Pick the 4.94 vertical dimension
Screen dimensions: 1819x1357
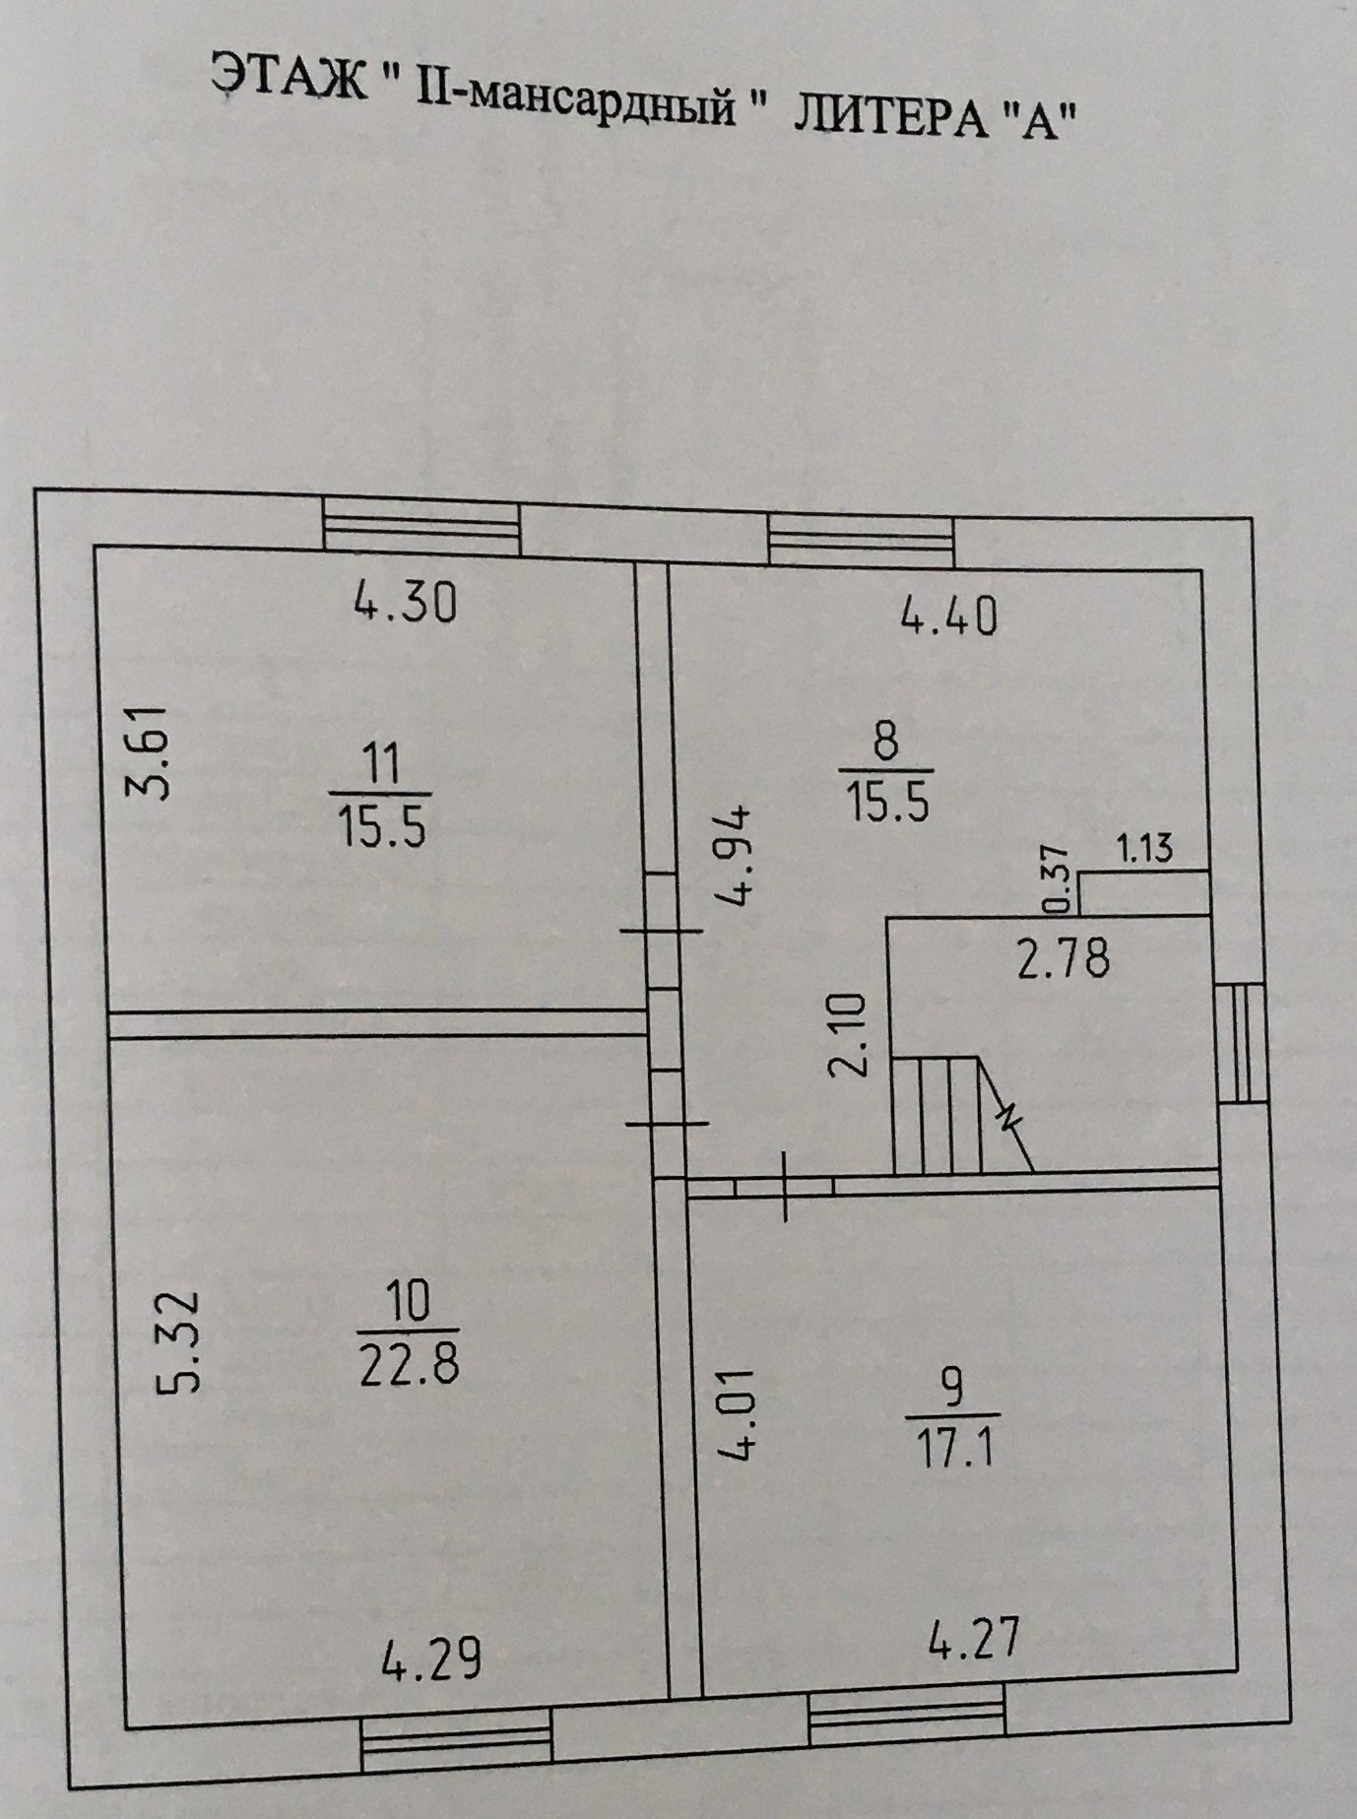click(735, 855)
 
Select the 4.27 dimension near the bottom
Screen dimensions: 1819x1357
click(973, 1637)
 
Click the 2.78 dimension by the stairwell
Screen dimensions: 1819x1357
click(1064, 956)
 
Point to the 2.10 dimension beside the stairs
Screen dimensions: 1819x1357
click(850, 1035)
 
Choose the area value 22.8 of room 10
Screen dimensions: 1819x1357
click(409, 1365)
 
